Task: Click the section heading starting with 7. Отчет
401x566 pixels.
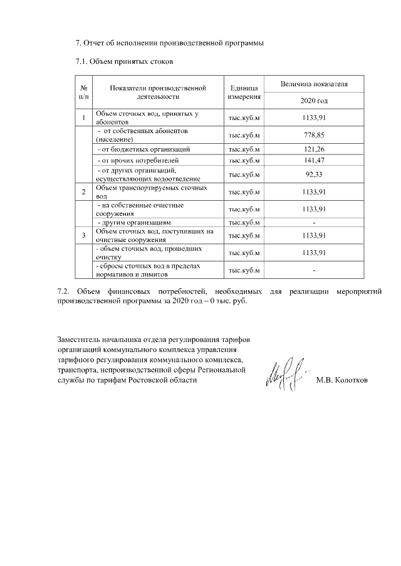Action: (169, 43)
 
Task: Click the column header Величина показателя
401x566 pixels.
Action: (314, 84)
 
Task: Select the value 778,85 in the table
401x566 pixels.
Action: (314, 136)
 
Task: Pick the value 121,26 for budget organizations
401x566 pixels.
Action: (314, 150)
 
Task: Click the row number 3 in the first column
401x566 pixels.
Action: (84, 235)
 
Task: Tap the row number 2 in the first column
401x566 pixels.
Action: (84, 191)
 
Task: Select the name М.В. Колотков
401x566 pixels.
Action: (342, 380)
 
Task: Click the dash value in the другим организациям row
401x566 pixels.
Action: (314, 222)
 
